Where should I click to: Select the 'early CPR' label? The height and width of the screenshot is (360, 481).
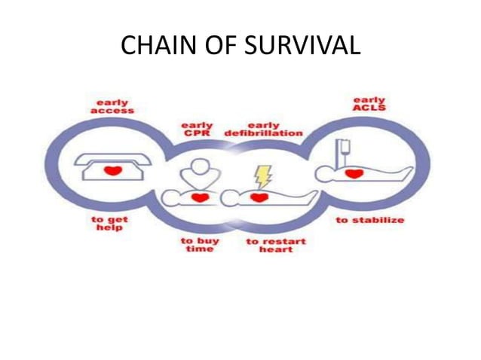(198, 129)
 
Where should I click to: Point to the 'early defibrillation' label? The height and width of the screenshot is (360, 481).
(264, 129)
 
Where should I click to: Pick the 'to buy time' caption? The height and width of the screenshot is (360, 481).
(199, 245)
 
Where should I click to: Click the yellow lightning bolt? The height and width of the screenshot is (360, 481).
(262, 176)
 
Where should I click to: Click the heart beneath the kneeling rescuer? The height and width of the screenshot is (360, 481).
(199, 197)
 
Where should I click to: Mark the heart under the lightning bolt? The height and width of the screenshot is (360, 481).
(260, 197)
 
